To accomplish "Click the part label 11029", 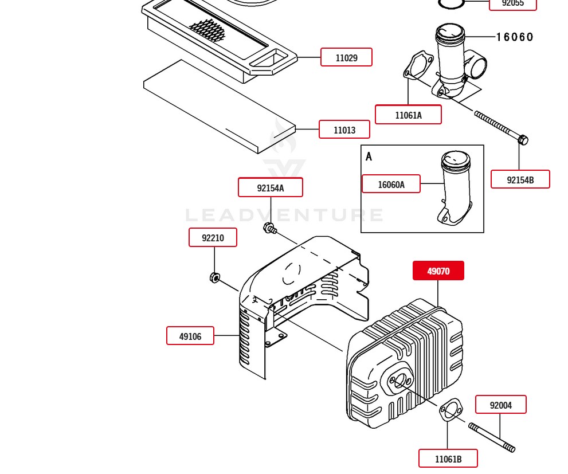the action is (346, 57).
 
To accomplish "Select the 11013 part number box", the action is (344, 130).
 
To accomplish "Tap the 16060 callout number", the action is (515, 37).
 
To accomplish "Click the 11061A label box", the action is (408, 115).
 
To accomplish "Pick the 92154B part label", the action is (520, 179).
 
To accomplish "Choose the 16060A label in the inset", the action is (391, 184).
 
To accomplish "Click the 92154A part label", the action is (270, 187).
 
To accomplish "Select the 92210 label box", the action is (213, 237).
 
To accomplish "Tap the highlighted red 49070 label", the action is (438, 271).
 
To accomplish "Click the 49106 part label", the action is (190, 336).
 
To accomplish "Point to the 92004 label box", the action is (500, 405).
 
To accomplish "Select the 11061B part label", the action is (448, 459).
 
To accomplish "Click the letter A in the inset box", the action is (369, 156).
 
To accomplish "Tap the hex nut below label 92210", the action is (214, 278).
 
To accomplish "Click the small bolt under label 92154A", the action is (269, 228).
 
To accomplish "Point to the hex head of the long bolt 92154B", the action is (523, 140).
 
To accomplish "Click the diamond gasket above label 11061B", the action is (451, 410).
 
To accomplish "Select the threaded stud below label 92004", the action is (492, 437).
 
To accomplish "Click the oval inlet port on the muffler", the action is (399, 381).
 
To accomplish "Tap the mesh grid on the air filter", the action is (207, 30).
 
